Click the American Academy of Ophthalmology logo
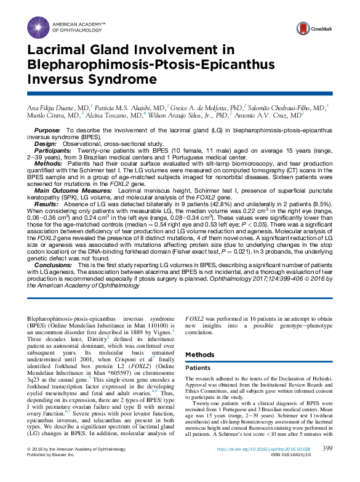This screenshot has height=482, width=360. click(x=39, y=26)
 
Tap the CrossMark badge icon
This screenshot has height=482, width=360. click(x=303, y=28)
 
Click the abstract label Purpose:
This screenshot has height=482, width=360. click(x=47, y=131)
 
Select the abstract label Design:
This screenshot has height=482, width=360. click(x=46, y=143)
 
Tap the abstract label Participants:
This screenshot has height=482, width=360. click(x=54, y=149)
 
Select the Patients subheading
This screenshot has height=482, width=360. click(x=198, y=368)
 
